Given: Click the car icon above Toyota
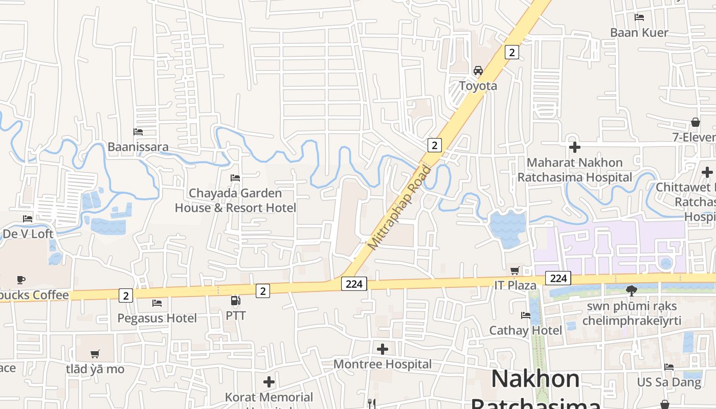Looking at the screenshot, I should (x=478, y=71).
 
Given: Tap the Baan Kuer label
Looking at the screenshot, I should (x=639, y=33).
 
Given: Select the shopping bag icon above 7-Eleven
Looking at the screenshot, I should (x=696, y=122).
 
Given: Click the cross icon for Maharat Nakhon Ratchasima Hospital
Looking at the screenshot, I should (x=575, y=148).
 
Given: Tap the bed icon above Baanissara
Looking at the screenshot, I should (x=138, y=132).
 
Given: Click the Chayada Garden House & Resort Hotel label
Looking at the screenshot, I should (x=235, y=200).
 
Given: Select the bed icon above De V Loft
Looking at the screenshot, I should (x=28, y=219).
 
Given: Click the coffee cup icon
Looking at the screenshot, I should (x=20, y=280).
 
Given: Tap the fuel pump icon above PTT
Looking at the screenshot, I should (x=235, y=301).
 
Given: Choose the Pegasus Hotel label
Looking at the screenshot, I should (x=157, y=318).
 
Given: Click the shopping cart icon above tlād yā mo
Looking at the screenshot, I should (x=95, y=354).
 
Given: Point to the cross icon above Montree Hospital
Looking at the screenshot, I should (x=383, y=349).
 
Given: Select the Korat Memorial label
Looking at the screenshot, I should (x=269, y=397).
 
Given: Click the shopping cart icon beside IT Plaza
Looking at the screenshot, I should (x=515, y=270).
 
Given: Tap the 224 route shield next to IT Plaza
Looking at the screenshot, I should (x=558, y=278).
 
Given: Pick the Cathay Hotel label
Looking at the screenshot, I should (x=525, y=330).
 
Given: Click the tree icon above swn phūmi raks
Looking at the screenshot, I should (x=632, y=291).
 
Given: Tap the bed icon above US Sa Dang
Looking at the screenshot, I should (x=669, y=367).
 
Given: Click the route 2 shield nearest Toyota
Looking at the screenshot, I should (x=511, y=52).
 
